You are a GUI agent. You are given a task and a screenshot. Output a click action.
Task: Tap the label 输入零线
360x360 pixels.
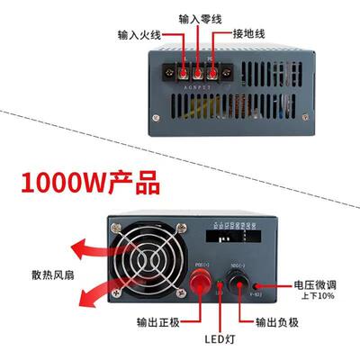[199, 17]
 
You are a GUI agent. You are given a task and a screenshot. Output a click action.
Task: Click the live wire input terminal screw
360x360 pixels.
[184, 69]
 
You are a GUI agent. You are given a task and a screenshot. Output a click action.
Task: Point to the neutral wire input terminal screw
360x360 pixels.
[198, 69]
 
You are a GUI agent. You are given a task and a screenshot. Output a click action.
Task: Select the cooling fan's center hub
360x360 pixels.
[148, 265]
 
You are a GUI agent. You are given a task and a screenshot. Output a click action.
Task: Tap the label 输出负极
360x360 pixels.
[276, 323]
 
